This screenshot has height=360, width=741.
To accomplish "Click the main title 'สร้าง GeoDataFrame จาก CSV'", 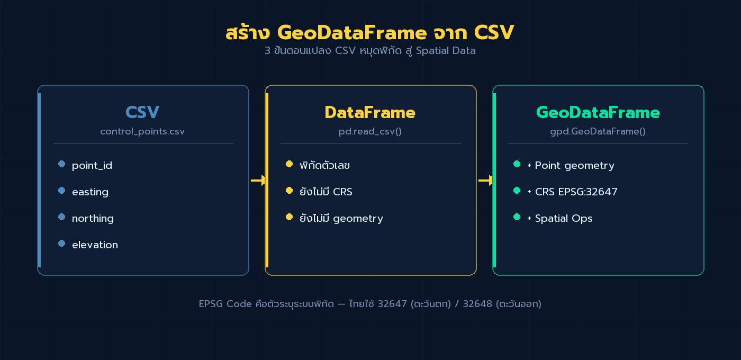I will coord(369,33).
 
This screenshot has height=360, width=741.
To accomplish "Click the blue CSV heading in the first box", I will coord(142,112).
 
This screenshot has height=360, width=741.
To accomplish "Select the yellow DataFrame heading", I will coord(370,112).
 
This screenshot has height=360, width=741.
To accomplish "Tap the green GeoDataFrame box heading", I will coord(598,112).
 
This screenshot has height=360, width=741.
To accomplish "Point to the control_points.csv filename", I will coord(142,131).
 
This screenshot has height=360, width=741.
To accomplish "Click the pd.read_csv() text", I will coord(370,131).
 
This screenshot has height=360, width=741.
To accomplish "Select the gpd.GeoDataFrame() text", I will coord(598,131).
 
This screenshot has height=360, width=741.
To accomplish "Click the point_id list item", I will coord(92,166).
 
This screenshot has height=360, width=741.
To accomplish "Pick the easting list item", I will coord(90,192).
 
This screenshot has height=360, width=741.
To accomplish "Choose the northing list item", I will coord(93,219).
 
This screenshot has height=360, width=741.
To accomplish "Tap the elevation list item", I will coord(95,245).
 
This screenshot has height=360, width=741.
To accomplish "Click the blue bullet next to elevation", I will coord(61,244).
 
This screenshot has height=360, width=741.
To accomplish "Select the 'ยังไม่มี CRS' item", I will coord(326,192).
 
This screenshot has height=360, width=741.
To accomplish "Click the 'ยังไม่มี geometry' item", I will coord(341,218).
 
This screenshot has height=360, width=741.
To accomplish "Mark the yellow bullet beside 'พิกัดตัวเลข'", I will coord(289,164).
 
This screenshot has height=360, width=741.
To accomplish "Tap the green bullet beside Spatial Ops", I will coord(517,217).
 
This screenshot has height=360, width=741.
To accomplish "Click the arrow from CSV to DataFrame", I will coord(258,181).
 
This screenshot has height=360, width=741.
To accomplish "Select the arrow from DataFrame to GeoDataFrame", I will coord(485,181).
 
